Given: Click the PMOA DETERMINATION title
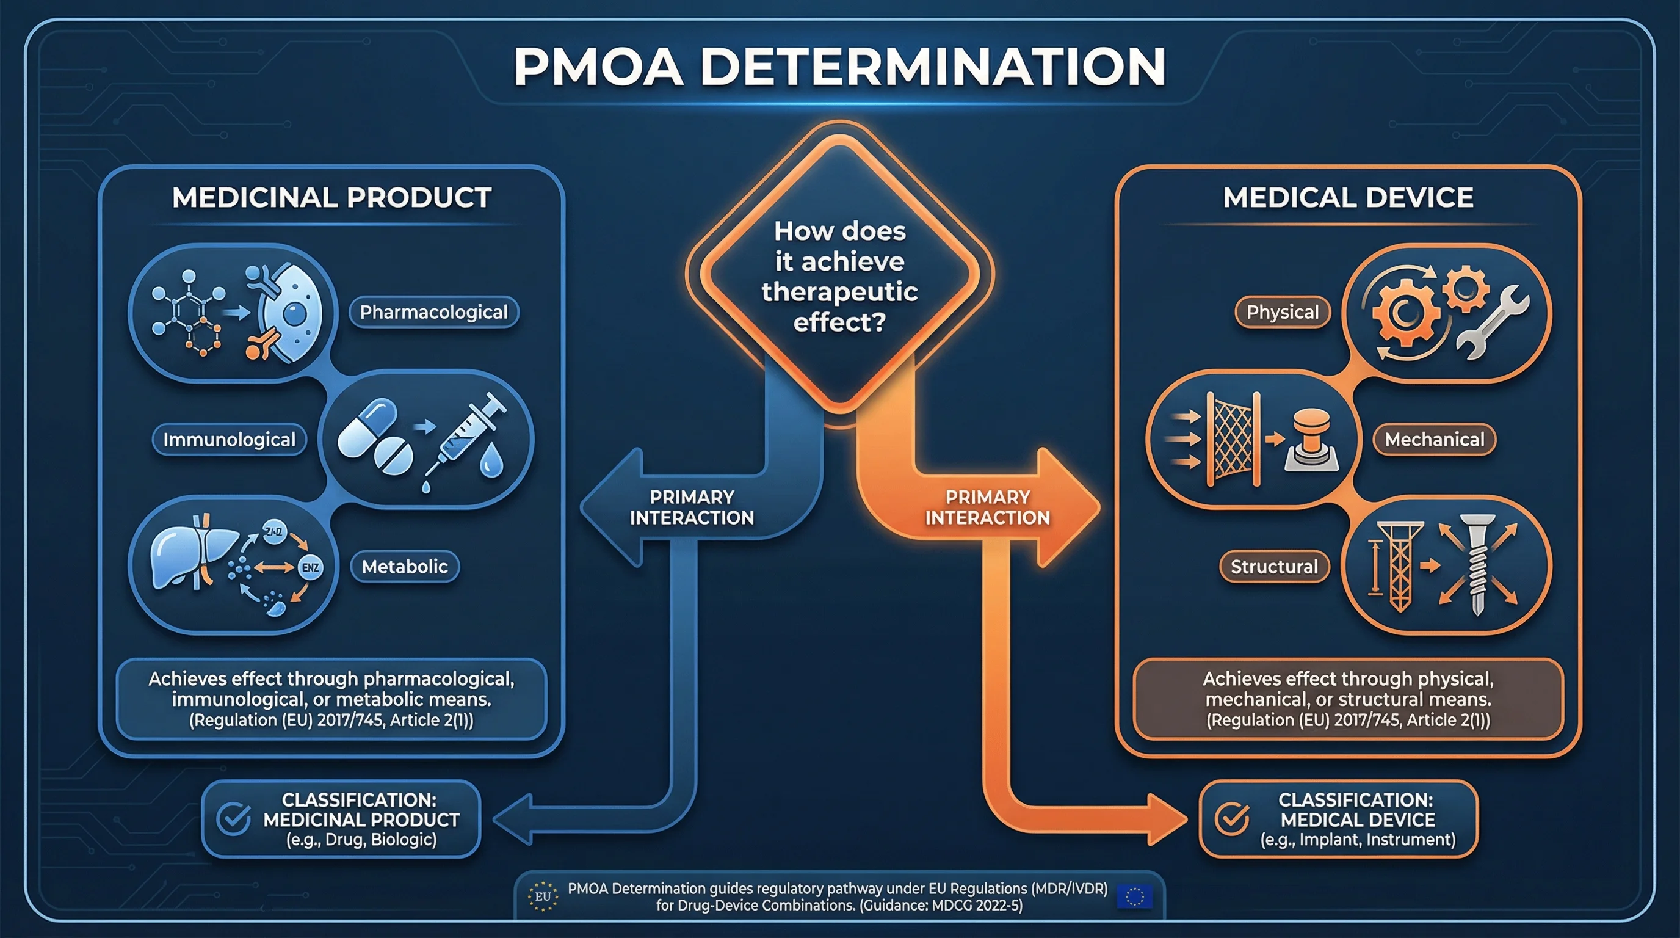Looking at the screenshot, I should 839,67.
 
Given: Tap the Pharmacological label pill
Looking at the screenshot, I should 433,312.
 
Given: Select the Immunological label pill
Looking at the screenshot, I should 229,440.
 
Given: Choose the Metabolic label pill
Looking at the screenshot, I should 404,566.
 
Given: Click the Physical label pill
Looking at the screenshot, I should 1282,312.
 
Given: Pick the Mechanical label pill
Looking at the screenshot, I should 1434,440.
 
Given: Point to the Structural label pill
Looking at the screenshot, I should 1273,566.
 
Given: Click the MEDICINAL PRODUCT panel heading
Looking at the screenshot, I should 331,198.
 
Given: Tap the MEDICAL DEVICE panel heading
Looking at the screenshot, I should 1348,198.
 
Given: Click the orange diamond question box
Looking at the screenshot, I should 839,274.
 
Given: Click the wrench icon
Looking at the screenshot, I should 1493,323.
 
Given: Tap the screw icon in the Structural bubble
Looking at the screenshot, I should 1477,564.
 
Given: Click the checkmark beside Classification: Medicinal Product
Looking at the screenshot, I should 233,819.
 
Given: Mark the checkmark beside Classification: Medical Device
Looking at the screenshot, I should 1232,819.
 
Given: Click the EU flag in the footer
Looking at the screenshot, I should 1134,896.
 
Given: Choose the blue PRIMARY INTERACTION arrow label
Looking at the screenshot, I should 691,507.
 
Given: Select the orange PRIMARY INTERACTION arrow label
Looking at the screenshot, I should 987,507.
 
